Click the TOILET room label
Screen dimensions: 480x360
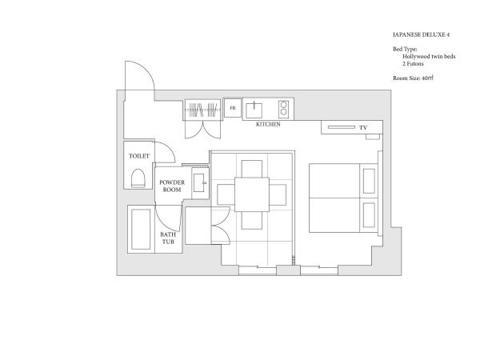139,156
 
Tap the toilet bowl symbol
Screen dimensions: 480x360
138,178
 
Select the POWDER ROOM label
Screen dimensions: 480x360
172,186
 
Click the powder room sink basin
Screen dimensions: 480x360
199,182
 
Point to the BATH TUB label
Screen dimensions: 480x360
168,238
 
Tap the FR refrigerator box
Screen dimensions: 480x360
233,108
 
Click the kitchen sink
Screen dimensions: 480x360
254,110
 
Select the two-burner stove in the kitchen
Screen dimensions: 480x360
283,110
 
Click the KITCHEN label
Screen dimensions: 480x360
268,124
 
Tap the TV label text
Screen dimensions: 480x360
363,128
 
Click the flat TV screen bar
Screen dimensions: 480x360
342,127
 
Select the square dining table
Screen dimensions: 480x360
252,194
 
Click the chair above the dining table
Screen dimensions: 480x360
252,169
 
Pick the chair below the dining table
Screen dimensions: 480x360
252,221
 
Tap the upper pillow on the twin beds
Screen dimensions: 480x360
369,181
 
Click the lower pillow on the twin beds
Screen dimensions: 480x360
369,215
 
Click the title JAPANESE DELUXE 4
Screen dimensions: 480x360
422,34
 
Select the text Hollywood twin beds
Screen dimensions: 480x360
429,56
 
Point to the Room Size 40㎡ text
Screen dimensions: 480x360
414,78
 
